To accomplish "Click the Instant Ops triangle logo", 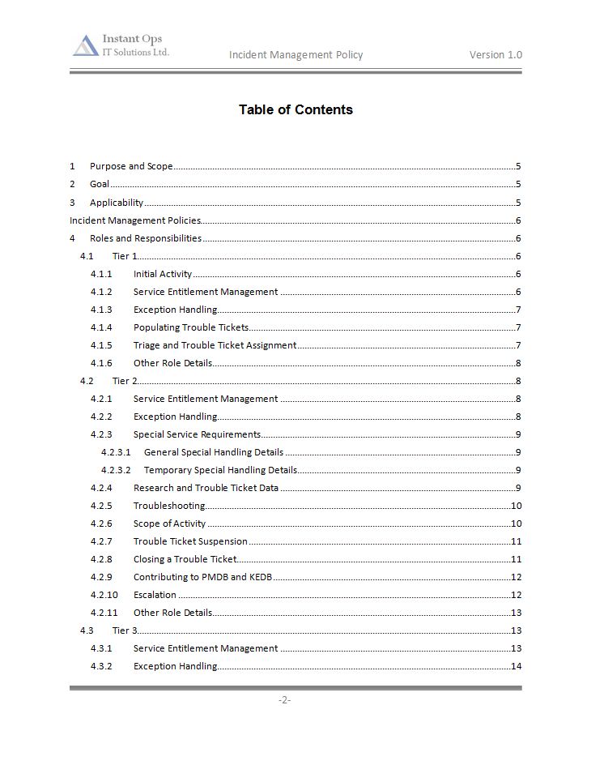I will [x=85, y=46].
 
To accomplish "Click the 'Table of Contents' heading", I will [x=295, y=109].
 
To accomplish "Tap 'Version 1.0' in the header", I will [x=495, y=55].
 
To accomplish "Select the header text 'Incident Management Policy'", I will [x=295, y=55].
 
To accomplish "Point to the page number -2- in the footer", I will [x=284, y=700].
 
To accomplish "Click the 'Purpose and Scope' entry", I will [x=131, y=167].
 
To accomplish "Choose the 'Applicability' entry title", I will [x=117, y=203].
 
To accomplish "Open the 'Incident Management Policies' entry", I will [x=135, y=220].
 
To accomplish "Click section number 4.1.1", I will [x=101, y=274].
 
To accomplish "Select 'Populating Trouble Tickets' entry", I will [x=191, y=327].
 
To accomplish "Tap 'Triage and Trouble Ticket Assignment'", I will [x=215, y=345].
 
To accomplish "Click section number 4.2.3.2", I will [x=116, y=470].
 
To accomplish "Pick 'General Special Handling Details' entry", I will [x=214, y=452].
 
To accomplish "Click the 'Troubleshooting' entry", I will [x=169, y=506].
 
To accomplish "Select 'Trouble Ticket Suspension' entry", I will [x=190, y=541].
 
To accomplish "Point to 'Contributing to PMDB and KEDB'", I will [x=203, y=577].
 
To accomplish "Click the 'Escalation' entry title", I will [x=155, y=595].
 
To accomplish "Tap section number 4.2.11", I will [x=104, y=613].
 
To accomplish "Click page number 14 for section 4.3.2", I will [x=516, y=666].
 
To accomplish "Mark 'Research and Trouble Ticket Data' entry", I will [x=206, y=488].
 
